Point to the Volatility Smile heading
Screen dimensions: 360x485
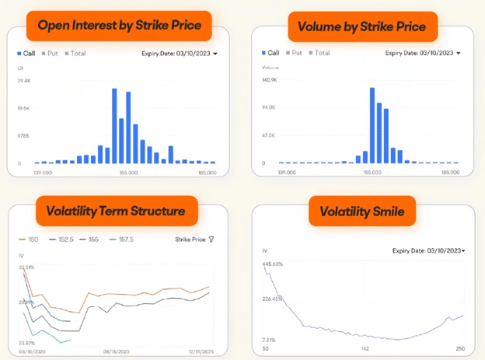(x=362, y=209)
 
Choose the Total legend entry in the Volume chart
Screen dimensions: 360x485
(x=319, y=53)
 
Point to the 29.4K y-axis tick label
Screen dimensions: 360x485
(x=23, y=80)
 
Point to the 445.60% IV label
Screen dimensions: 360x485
(x=273, y=264)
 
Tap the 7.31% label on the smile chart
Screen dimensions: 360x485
(x=269, y=341)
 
